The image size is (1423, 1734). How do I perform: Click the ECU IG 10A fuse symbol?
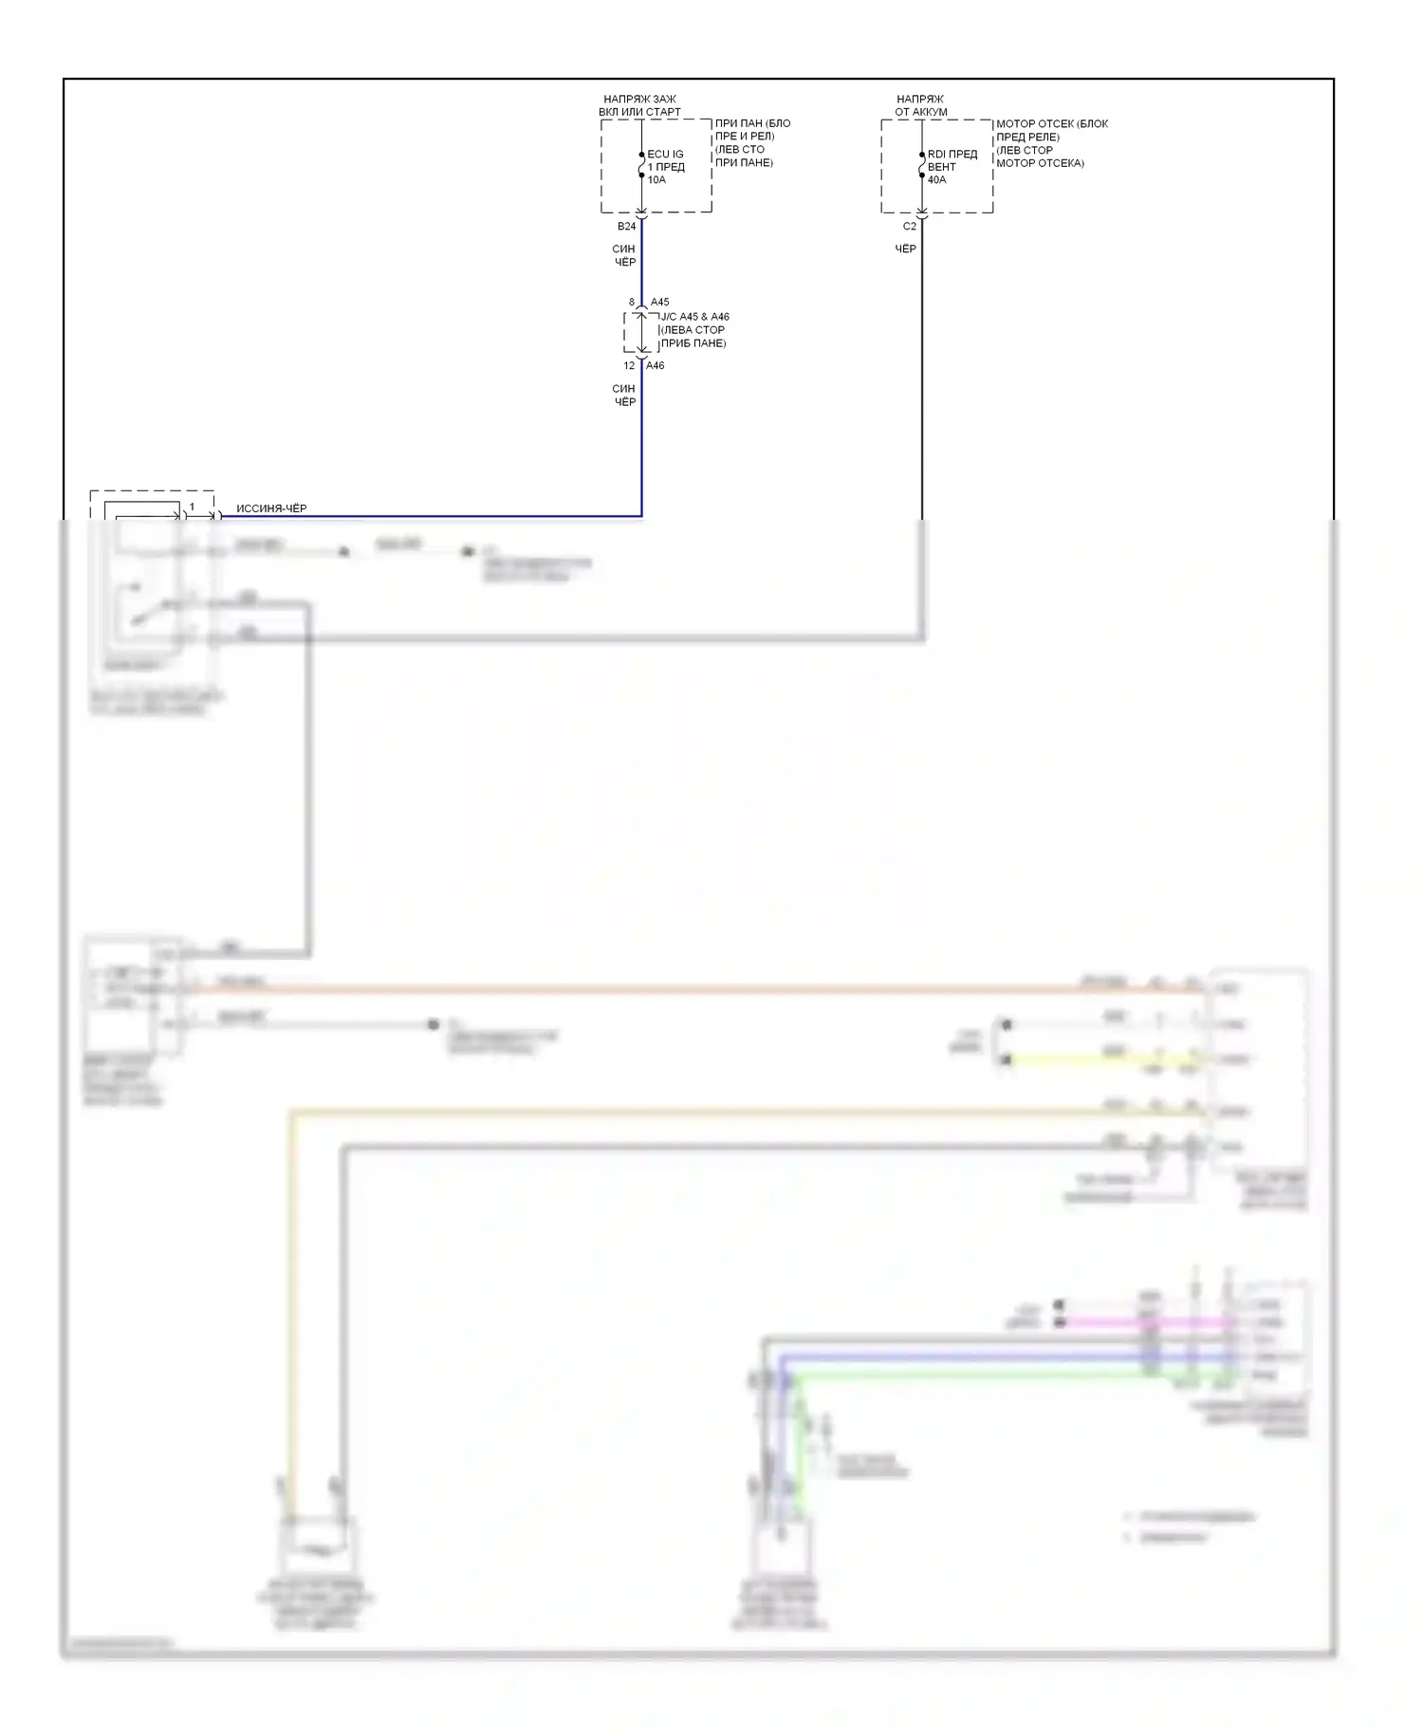pos(641,167)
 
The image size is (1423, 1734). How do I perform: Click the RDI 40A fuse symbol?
pos(921,167)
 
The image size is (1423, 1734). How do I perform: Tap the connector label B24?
pos(626,227)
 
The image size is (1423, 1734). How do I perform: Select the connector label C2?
pos(909,227)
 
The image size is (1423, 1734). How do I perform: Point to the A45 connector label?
pos(659,303)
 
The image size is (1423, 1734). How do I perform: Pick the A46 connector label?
pos(655,366)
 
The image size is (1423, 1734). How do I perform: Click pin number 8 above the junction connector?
pos(631,303)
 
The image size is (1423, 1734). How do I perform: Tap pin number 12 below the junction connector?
pos(629,366)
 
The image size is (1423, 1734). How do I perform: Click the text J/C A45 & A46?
pos(694,317)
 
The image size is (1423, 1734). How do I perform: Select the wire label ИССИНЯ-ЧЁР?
pos(271,508)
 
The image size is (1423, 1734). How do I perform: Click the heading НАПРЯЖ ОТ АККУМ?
pos(920,105)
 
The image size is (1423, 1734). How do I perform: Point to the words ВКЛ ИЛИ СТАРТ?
pos(639,112)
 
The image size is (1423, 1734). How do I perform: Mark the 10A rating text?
pos(656,180)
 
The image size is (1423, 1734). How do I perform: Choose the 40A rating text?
pos(936,180)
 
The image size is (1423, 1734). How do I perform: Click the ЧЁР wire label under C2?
pos(906,249)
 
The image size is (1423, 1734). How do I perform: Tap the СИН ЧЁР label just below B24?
pos(624,255)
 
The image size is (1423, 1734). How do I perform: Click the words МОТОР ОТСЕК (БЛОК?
pos(1051,124)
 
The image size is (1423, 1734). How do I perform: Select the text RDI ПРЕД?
pos(952,154)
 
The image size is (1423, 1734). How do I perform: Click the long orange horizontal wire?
pos(664,989)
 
